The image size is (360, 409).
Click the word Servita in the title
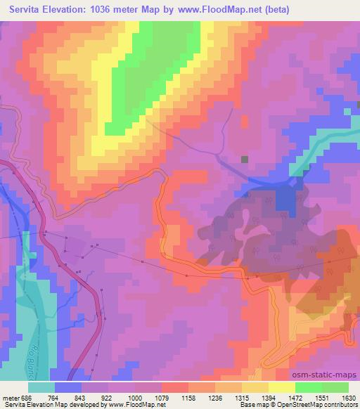[30, 10]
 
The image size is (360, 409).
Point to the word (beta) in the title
[277, 10]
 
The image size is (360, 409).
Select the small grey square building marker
[244, 160]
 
